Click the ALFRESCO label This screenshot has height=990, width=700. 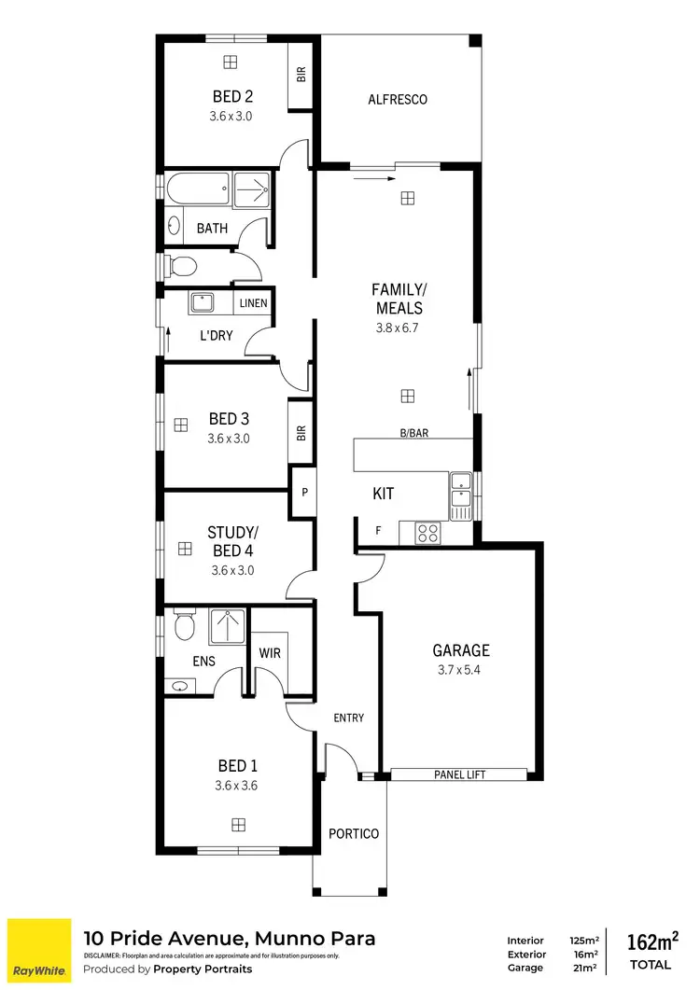398,99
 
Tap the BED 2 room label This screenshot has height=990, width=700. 231,96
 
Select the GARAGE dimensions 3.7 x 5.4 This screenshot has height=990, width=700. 460,670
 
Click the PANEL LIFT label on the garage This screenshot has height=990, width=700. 460,774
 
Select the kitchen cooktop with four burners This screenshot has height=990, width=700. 427,533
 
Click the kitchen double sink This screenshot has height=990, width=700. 460,495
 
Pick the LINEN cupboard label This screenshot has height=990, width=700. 253,303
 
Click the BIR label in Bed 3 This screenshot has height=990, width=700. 301,431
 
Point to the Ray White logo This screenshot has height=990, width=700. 39,950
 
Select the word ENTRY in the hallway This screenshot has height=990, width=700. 348,718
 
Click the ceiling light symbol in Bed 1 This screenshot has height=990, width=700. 239,825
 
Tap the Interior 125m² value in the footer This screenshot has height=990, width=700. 583,941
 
